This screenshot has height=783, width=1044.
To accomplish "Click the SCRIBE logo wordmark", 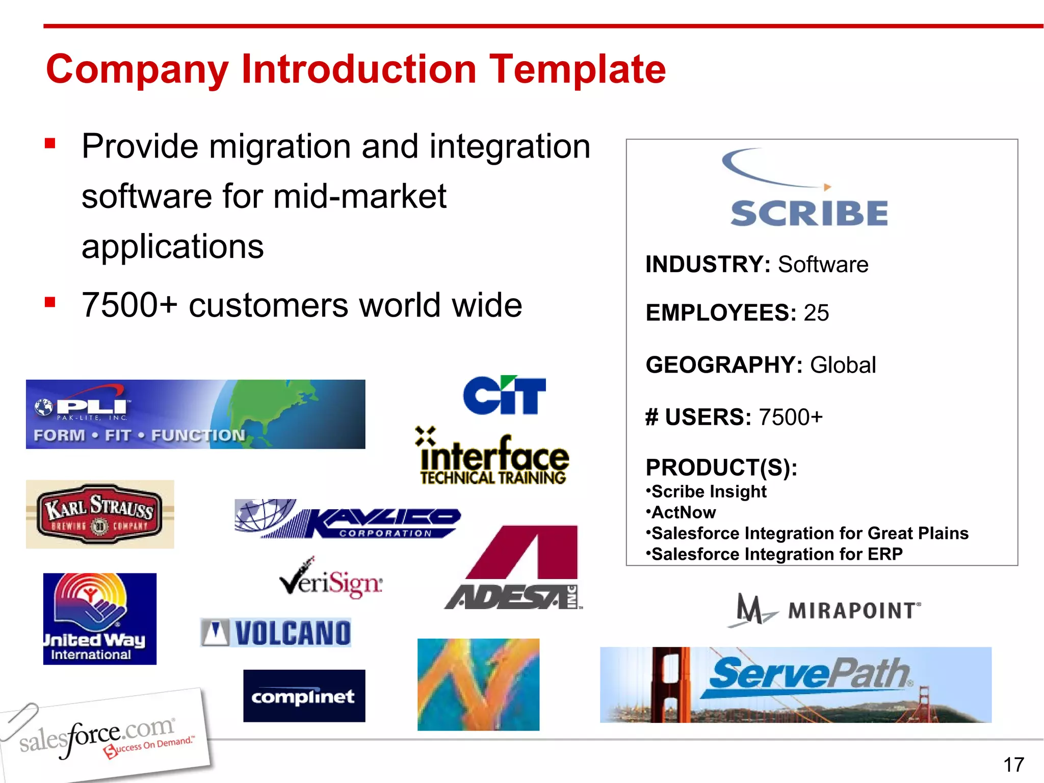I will coord(809,213).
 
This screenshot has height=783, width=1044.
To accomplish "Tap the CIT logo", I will coord(504,396).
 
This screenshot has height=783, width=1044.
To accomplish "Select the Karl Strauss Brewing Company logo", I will coord(100,514).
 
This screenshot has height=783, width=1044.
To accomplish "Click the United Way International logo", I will coord(100,618).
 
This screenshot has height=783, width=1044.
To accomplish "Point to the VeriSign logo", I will coord(331,581).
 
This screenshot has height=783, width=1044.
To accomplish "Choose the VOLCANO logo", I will coord(276,633).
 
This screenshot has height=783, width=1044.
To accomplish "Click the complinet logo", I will coord(304,696).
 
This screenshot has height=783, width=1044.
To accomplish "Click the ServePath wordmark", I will coord(808,674).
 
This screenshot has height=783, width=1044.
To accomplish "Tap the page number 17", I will coord(1013,765).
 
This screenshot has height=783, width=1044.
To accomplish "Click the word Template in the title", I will coord(577,69).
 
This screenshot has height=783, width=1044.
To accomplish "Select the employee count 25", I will coord(816,312).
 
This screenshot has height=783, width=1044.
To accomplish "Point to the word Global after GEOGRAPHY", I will coord(843,365).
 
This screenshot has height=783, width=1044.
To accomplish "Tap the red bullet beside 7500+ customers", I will coord(50,303).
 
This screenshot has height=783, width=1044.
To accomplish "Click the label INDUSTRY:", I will coord(708,265).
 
